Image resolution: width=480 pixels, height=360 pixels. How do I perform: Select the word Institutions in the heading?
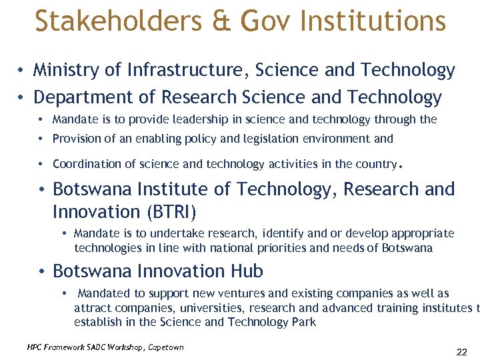(373, 21)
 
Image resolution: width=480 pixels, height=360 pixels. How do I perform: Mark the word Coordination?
(87, 164)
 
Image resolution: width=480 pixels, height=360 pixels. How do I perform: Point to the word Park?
(303, 322)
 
